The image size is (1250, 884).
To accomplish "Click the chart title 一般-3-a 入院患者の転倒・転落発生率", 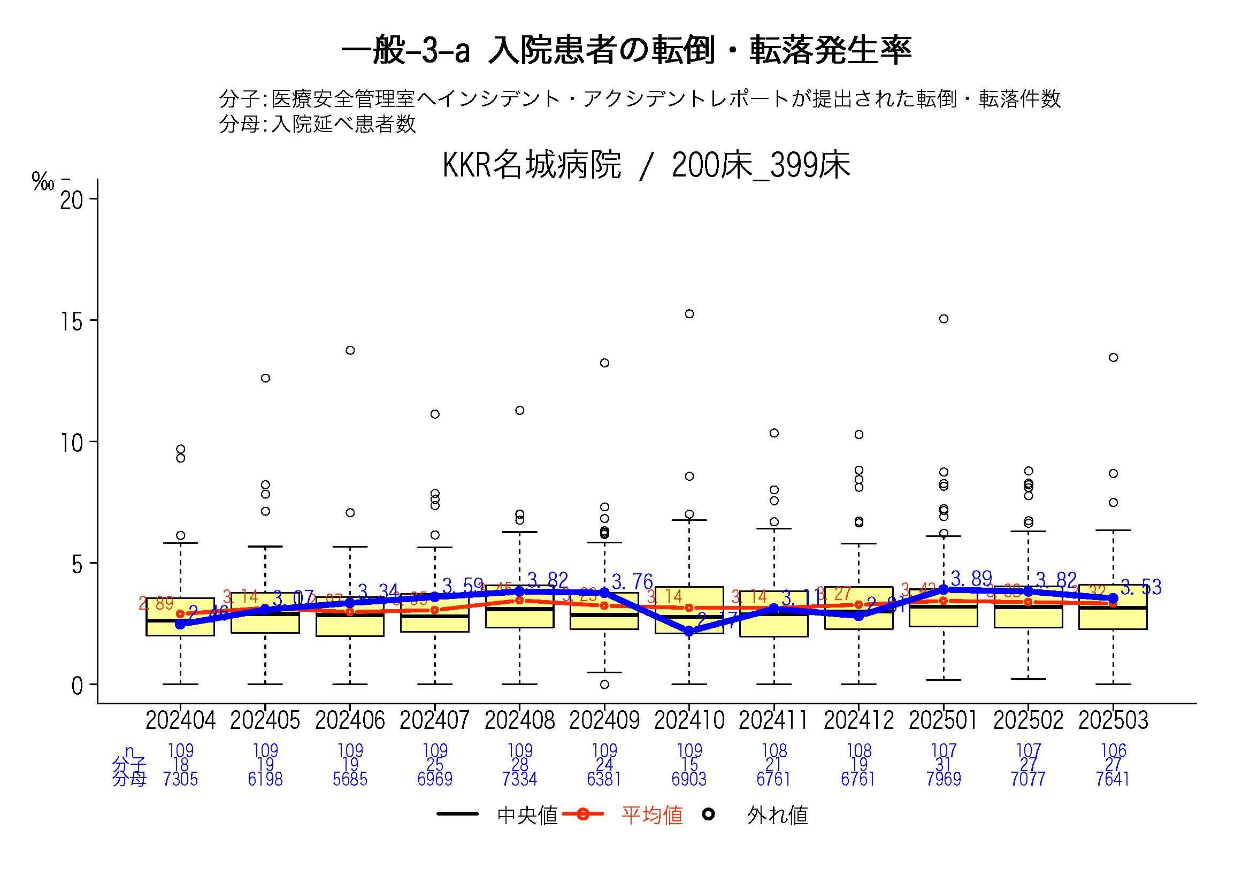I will [x=626, y=51].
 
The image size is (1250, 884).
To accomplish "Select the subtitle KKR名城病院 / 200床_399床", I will [x=646, y=165].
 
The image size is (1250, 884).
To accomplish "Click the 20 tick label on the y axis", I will [x=73, y=199].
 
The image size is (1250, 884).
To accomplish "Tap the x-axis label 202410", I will [x=689, y=721].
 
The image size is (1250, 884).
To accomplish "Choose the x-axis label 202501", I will [x=943, y=721].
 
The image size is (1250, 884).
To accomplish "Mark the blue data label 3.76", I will [x=632, y=582].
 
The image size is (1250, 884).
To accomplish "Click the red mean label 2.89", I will [x=156, y=603].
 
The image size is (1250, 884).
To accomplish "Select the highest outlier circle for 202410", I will [x=689, y=314].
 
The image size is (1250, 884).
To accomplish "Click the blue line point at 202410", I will [x=689, y=632].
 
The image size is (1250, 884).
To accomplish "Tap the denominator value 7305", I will [x=180, y=780].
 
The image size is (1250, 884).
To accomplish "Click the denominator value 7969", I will [x=943, y=780].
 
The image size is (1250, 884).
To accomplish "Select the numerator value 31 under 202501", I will [x=943, y=765].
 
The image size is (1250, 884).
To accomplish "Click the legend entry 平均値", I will [x=651, y=816].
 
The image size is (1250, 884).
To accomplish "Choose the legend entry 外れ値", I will [x=777, y=816].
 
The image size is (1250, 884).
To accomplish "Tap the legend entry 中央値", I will [x=527, y=816].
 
